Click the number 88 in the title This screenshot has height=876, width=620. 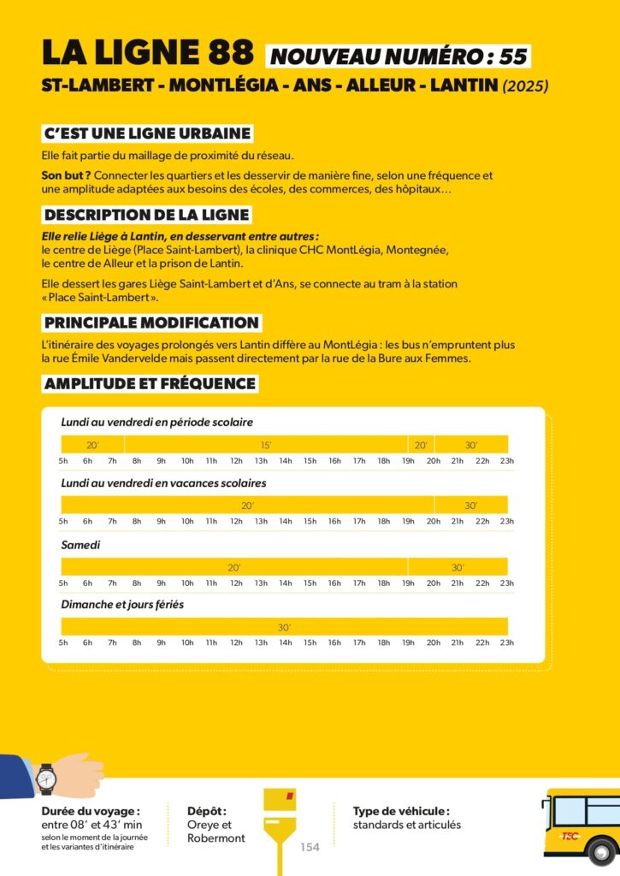coord(228,53)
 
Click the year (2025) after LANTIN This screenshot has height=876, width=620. coord(526,86)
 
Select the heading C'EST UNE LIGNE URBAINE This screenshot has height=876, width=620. coord(147,133)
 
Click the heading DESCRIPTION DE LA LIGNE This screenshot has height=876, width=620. coord(146,215)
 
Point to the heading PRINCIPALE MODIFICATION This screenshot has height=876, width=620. coord(151,323)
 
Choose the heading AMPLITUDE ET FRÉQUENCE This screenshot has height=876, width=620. coord(150,383)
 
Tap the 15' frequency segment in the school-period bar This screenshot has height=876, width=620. coord(266,445)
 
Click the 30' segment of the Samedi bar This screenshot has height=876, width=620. coord(458,567)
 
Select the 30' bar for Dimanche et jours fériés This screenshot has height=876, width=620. coord(284,627)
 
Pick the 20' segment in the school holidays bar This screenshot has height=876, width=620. coord(247,506)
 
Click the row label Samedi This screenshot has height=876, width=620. coord(80,544)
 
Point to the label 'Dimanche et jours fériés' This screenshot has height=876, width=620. coord(122,605)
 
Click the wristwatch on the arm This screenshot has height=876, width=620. coord(46,779)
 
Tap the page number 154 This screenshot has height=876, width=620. coord(310,847)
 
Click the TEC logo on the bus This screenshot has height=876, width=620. coord(570,836)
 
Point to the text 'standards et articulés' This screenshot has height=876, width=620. coord(406,825)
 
